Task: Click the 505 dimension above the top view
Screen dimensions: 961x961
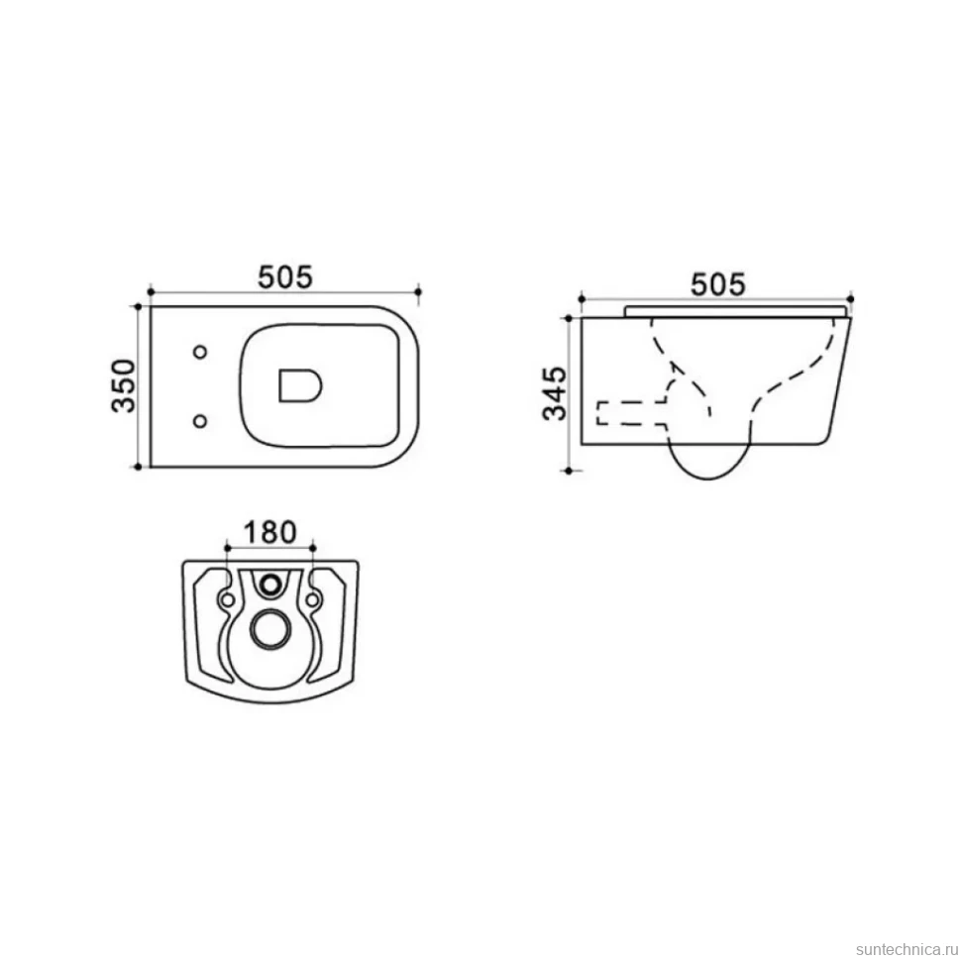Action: click(285, 277)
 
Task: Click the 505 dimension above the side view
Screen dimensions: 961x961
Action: click(718, 284)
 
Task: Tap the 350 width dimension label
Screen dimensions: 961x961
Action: click(124, 385)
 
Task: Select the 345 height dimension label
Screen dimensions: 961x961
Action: click(555, 393)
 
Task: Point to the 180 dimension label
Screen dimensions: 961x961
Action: click(270, 532)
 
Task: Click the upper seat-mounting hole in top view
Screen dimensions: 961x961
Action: click(200, 352)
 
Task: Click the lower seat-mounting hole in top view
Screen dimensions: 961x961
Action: click(200, 421)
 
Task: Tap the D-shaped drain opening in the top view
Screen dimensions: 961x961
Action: click(300, 385)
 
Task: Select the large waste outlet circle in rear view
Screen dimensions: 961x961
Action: click(269, 629)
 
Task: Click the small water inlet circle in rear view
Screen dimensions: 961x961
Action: click(269, 585)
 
